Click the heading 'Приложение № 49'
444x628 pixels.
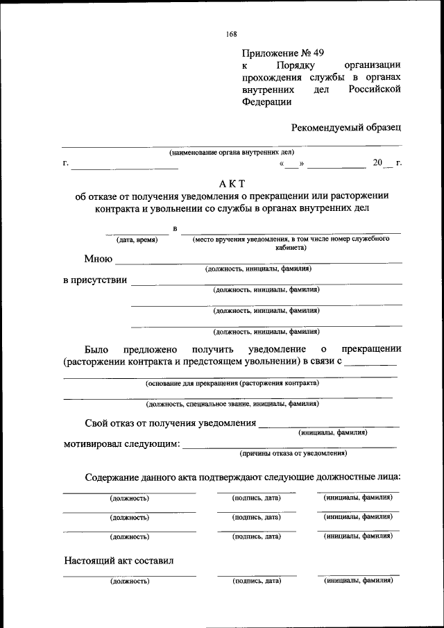[x=283, y=52]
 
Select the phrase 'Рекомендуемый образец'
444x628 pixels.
[x=346, y=127]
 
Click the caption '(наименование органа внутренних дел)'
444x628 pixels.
[x=232, y=151]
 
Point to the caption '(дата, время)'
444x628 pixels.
[x=137, y=239]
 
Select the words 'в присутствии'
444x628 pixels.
[x=94, y=281]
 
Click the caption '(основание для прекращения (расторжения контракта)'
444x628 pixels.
[x=232, y=383]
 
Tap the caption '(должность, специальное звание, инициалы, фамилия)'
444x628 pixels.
[x=232, y=404]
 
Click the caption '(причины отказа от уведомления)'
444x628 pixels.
[x=293, y=453]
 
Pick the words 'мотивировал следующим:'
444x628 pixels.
[x=121, y=444]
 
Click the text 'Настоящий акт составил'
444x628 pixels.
[x=119, y=560]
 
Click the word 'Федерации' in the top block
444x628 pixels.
[x=267, y=102]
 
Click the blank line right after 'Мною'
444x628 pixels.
[x=258, y=262]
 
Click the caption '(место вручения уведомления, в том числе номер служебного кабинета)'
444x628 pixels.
[x=290, y=242]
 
